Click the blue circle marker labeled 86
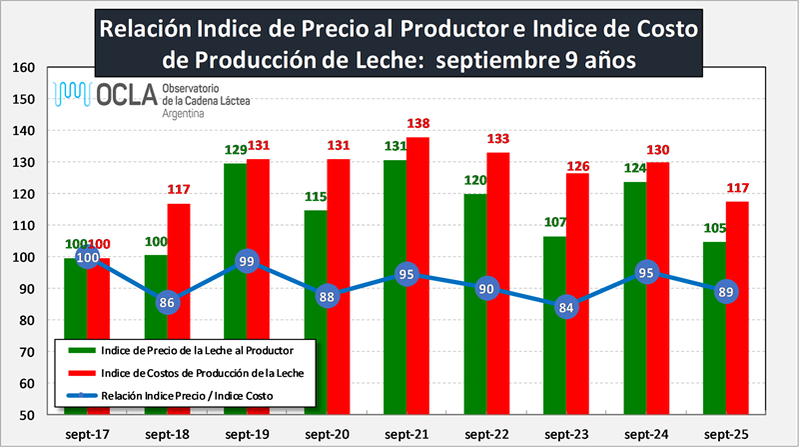coord(168,301)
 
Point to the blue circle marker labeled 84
coord(565,307)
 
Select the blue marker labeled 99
coord(248,261)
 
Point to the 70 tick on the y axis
coord(28,352)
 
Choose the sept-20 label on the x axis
coord(327,434)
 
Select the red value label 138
coord(419,123)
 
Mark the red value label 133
coord(498,139)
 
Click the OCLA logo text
coord(121,96)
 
